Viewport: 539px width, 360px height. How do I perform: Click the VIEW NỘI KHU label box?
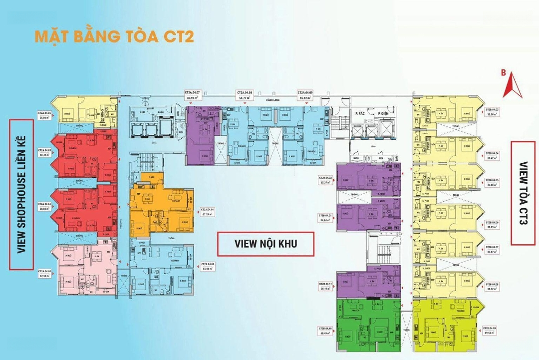(266, 244)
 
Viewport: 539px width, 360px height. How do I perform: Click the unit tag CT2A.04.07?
(192, 95)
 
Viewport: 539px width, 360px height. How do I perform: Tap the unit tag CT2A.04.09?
(305, 95)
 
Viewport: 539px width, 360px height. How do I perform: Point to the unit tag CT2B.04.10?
(325, 330)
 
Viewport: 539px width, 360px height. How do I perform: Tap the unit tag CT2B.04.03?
(493, 112)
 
